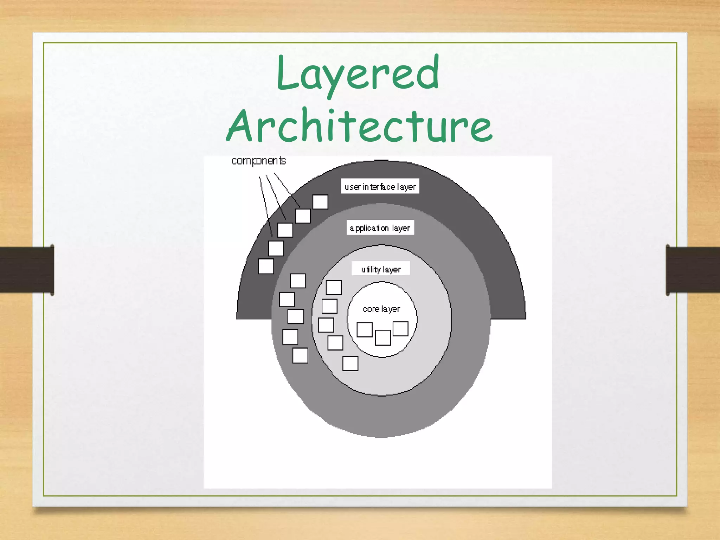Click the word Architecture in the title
pyautogui.click(x=359, y=126)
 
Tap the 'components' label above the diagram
pyautogui.click(x=259, y=161)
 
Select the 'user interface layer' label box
pyautogui.click(x=380, y=186)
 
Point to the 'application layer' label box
pyautogui.click(x=380, y=228)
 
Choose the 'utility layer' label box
pyautogui.click(x=381, y=269)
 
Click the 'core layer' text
pyautogui.click(x=381, y=309)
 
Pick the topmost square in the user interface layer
pyautogui.click(x=320, y=202)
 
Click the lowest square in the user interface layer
pyautogui.click(x=266, y=266)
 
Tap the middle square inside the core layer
pyautogui.click(x=383, y=338)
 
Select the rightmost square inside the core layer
pyautogui.click(x=400, y=329)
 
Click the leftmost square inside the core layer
pyautogui.click(x=365, y=330)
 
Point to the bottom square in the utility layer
pyautogui.click(x=350, y=364)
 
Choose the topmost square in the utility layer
pyautogui.click(x=334, y=288)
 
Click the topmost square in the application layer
pyautogui.click(x=298, y=281)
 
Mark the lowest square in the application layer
pyautogui.click(x=300, y=355)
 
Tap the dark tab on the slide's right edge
pyautogui.click(x=693, y=270)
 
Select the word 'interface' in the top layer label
pyautogui.click(x=379, y=187)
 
